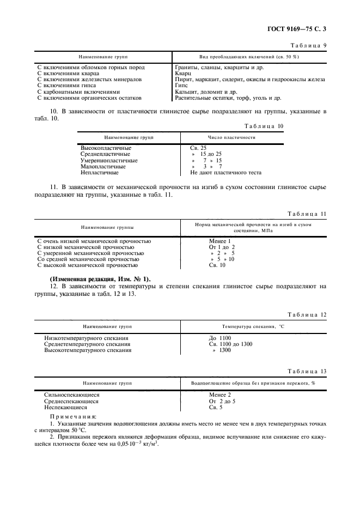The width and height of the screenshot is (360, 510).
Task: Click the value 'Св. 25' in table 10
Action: coord(198,148)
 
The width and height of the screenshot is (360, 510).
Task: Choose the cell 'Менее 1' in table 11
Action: coord(220,241)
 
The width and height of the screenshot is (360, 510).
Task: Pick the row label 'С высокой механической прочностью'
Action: coord(87,265)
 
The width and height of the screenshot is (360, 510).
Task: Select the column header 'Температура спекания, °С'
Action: coord(253,327)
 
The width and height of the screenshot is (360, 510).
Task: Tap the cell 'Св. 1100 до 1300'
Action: coord(227,344)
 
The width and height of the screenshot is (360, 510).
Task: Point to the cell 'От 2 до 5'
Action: coord(222,400)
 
